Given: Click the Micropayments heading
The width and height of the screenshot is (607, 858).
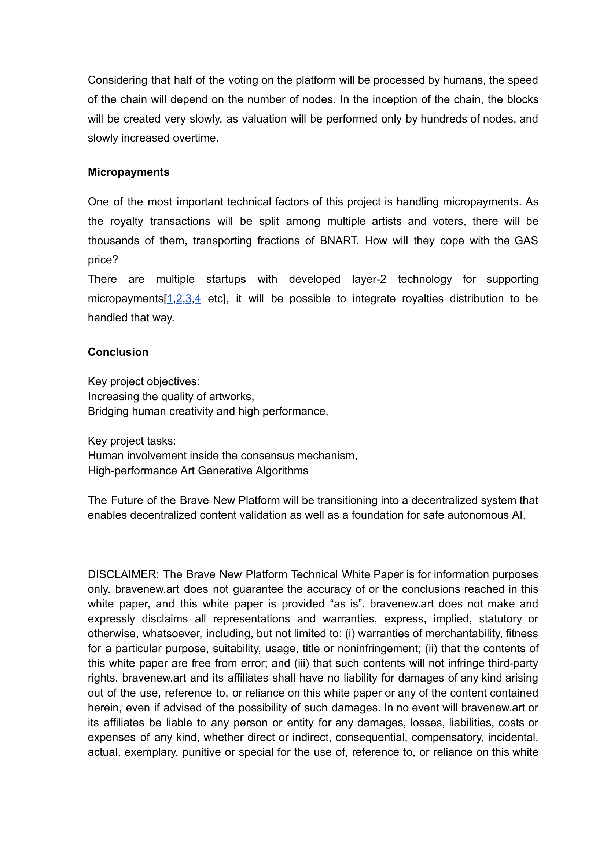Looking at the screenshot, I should click(129, 172).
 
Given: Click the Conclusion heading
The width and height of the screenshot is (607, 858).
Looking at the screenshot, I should click(118, 352).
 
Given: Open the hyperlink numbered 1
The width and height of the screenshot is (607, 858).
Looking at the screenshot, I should click(170, 299).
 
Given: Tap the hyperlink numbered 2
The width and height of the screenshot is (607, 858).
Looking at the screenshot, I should click(179, 299).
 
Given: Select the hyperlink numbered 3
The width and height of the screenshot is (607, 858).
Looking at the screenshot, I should click(188, 299).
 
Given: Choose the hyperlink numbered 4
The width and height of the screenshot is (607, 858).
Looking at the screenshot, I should click(197, 299).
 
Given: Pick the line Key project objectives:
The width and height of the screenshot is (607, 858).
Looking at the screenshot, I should click(144, 381).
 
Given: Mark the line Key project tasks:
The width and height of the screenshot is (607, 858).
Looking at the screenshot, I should click(132, 441).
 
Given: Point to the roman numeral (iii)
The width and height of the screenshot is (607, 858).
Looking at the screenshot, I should click(302, 663).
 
